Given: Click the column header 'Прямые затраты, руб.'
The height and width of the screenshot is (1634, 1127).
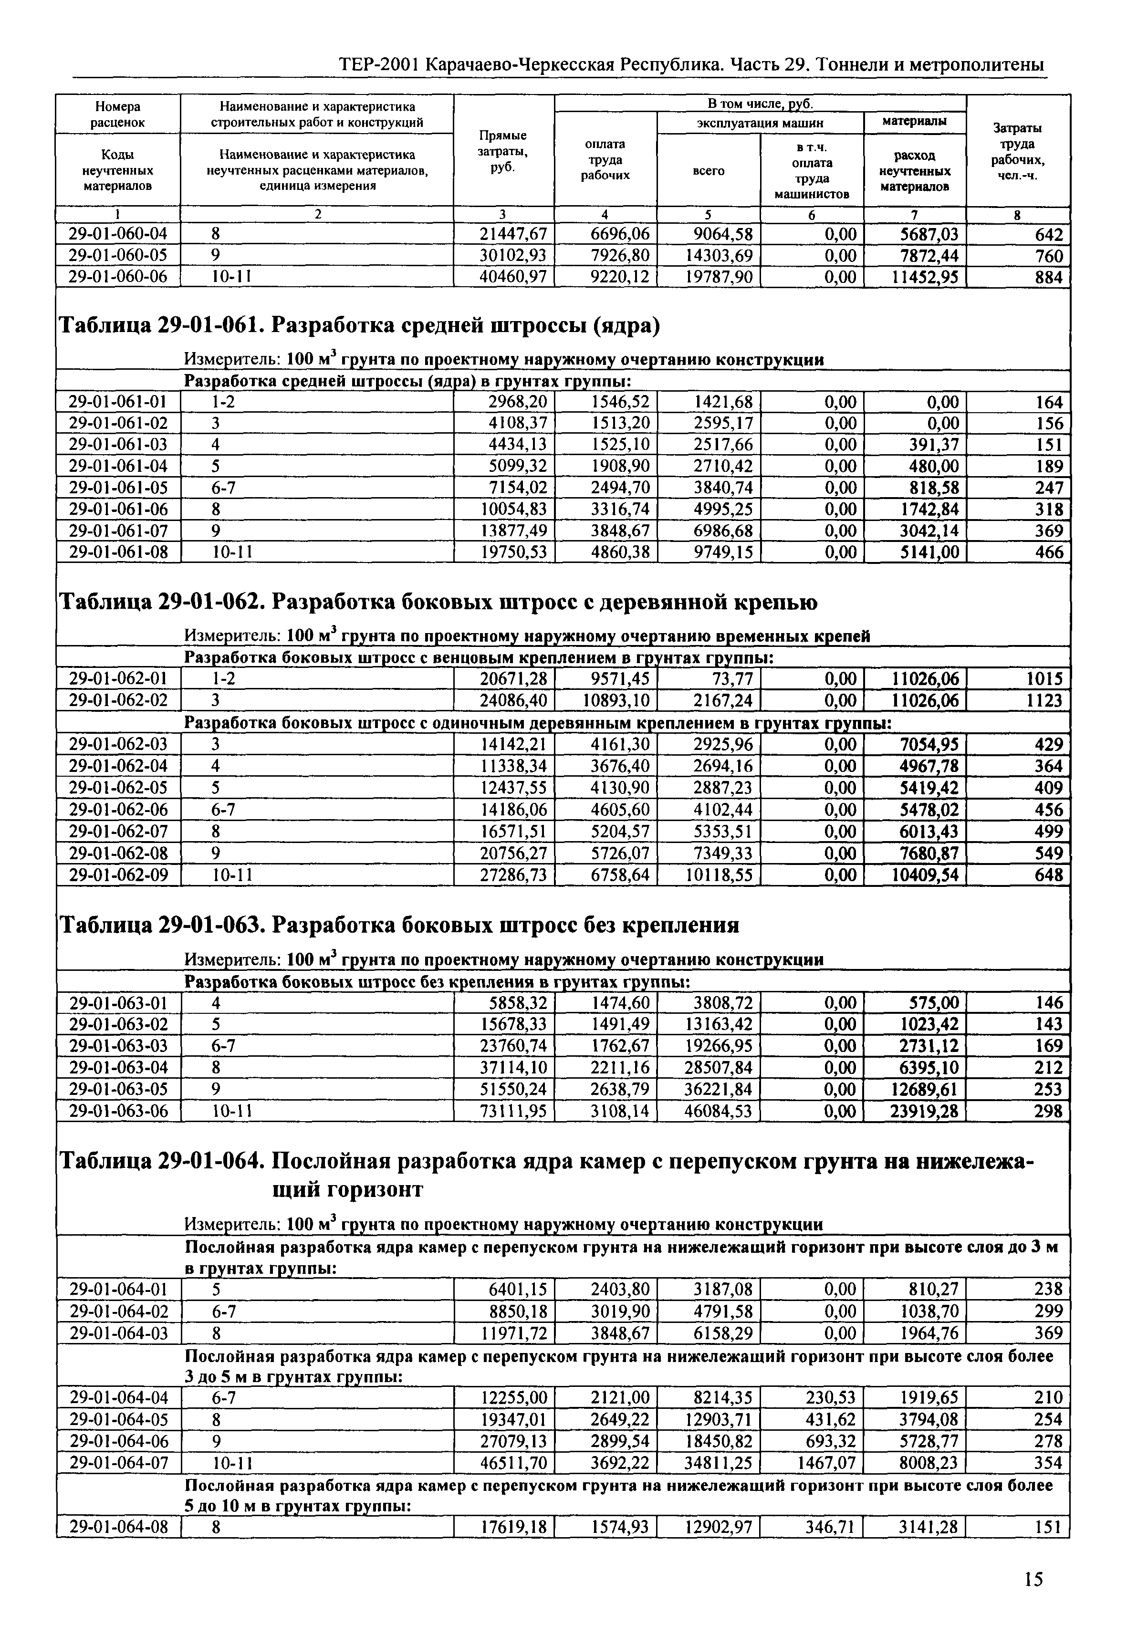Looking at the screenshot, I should pyautogui.click(x=503, y=150).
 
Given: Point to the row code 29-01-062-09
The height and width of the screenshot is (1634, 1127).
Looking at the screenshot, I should pyautogui.click(x=118, y=875).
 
